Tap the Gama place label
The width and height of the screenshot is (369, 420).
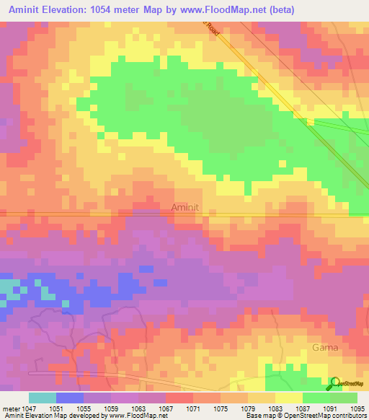(324, 347)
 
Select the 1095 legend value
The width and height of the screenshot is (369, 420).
(357, 408)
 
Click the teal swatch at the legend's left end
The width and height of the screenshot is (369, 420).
(43, 398)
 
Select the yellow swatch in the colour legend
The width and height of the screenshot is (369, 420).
(288, 398)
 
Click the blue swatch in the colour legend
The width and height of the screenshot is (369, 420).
(70, 398)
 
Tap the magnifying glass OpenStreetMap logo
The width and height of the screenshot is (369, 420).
(335, 383)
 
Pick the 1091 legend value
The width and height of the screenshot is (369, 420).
(329, 408)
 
